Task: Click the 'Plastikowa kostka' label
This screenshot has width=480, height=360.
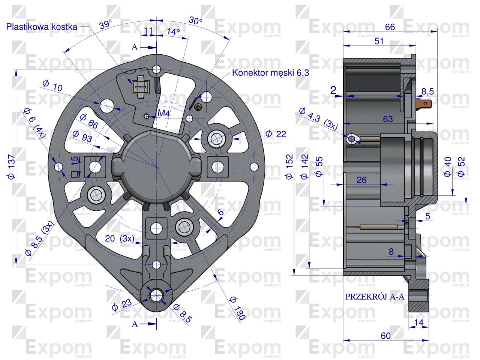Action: coord(42,27)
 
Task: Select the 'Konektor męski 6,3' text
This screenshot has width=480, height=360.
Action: coord(270,73)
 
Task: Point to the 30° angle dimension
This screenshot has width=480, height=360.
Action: coord(195,21)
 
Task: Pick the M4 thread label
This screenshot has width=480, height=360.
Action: coord(163,114)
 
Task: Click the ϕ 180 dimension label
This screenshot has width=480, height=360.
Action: coord(237,307)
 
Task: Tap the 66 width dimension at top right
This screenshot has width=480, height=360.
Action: coord(390,27)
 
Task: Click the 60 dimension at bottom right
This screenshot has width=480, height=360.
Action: coord(386,336)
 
